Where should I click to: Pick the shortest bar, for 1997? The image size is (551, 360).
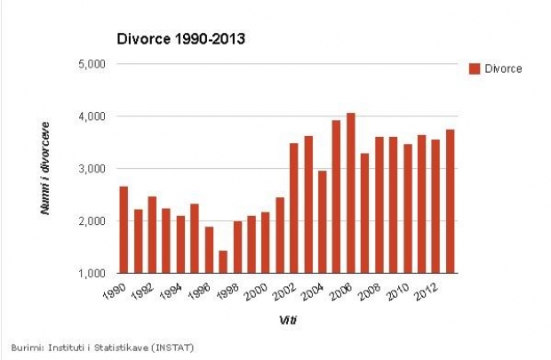click(x=223, y=261)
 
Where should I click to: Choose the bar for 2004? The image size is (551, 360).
click(x=322, y=221)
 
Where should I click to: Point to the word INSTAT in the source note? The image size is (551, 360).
click(x=172, y=347)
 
